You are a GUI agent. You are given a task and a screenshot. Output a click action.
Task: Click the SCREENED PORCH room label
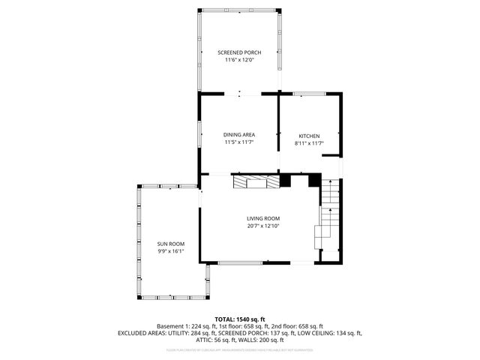coord(239,52)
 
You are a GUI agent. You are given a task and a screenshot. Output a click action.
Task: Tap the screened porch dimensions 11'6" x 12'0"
coord(239,60)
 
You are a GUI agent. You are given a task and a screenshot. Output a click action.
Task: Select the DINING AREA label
coord(239,135)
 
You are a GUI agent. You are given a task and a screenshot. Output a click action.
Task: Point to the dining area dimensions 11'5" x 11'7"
coord(239,142)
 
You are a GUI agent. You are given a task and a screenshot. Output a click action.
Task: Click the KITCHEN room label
coord(308,136)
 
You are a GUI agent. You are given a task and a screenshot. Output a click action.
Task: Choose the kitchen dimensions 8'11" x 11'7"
coord(308,143)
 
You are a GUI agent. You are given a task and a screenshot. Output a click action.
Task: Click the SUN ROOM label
coord(170,244)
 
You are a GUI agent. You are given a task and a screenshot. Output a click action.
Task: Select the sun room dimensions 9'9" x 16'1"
coord(170,252)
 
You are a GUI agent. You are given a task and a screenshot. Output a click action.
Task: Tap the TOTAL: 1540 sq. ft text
coord(239,319)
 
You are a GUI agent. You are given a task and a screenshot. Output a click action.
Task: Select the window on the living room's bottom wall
coord(240,262)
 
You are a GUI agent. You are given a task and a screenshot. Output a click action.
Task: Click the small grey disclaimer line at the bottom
coord(239,349)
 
